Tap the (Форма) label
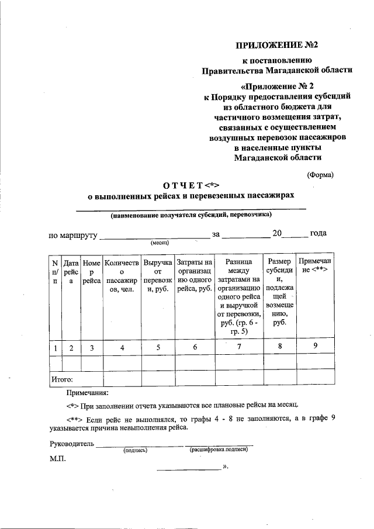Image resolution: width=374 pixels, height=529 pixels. tap(321, 174)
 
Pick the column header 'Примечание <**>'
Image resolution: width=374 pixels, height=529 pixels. tap(315, 267)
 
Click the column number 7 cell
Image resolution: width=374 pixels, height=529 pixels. tap(238, 347)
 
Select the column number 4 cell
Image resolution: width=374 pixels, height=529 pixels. tap(123, 348)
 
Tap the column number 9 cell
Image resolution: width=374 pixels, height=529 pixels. tap(315, 347)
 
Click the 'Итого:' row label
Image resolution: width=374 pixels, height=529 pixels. tap(62, 379)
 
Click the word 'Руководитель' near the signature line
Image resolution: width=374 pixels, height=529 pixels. tap(72, 444)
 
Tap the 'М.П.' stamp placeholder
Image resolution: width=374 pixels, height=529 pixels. tap(58, 459)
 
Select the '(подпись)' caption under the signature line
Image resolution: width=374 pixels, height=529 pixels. tap(135, 450)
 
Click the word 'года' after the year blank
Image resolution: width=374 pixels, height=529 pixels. tap(318, 233)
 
